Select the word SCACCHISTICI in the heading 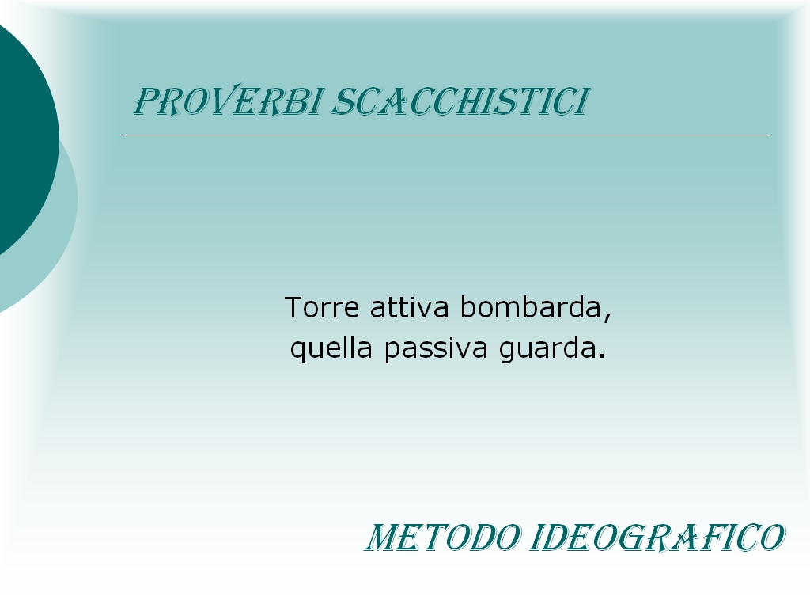point(460,101)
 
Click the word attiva point(410,307)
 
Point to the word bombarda point(532,307)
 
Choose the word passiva point(436,348)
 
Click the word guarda point(547,348)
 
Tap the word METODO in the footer point(443,538)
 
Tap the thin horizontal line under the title point(445,135)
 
